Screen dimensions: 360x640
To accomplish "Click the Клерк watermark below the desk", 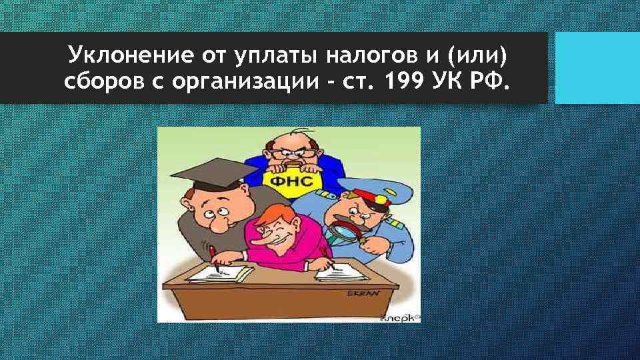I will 398,317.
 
